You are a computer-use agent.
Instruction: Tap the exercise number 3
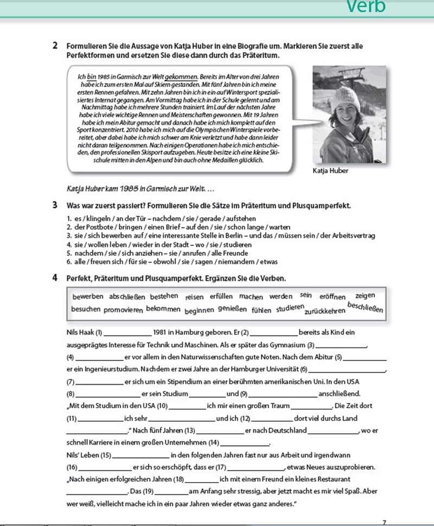pyautogui.click(x=55, y=206)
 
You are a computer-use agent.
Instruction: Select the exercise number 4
pyautogui.click(x=55, y=278)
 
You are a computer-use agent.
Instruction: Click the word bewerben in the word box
pyautogui.click(x=87, y=297)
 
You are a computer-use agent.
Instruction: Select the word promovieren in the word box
pyautogui.click(x=123, y=310)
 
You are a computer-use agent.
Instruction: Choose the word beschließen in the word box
pyautogui.click(x=365, y=308)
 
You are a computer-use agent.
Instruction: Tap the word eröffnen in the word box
pyautogui.click(x=333, y=297)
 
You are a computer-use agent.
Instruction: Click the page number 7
pyautogui.click(x=384, y=522)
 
